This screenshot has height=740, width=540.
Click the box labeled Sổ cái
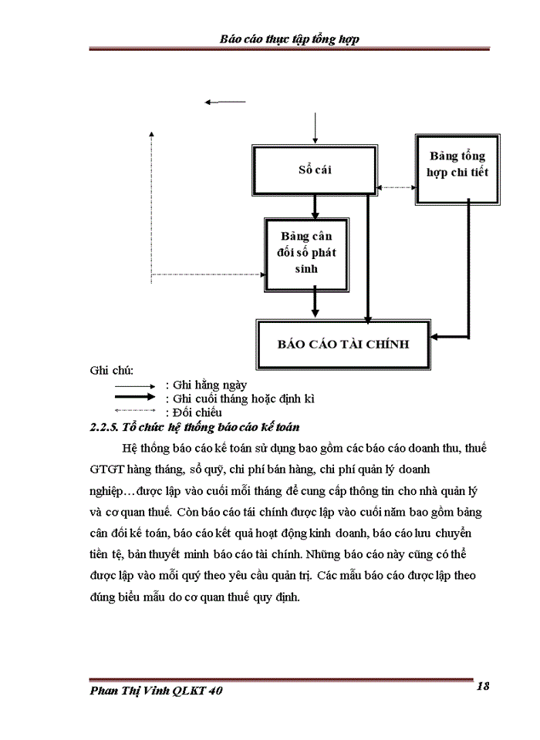[x=315, y=170]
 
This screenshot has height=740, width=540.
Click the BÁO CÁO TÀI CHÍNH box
[x=343, y=344]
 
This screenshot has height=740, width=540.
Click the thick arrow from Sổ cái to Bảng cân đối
[x=315, y=206]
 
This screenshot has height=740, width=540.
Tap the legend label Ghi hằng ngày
[x=207, y=385]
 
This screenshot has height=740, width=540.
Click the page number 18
[x=484, y=686]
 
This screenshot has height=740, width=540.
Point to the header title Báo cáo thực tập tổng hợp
[x=289, y=39]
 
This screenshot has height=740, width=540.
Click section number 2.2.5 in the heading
[x=106, y=427]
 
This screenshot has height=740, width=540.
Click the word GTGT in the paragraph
[x=106, y=469]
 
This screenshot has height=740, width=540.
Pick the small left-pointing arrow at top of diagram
[x=224, y=102]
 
